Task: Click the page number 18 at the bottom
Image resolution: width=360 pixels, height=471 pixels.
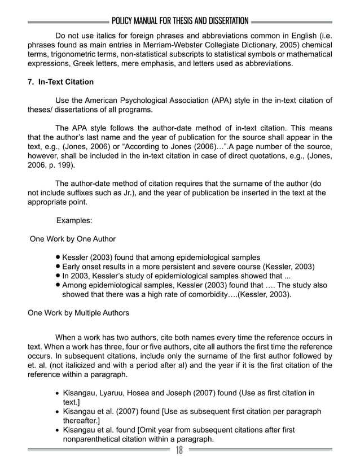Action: pyautogui.click(x=179, y=450)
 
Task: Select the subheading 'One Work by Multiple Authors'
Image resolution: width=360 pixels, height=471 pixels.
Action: pyautogui.click(x=79, y=312)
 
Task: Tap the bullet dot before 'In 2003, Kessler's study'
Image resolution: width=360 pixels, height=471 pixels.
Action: pyautogui.click(x=58, y=276)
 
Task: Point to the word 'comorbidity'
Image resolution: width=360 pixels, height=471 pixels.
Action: pyautogui.click(x=213, y=294)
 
